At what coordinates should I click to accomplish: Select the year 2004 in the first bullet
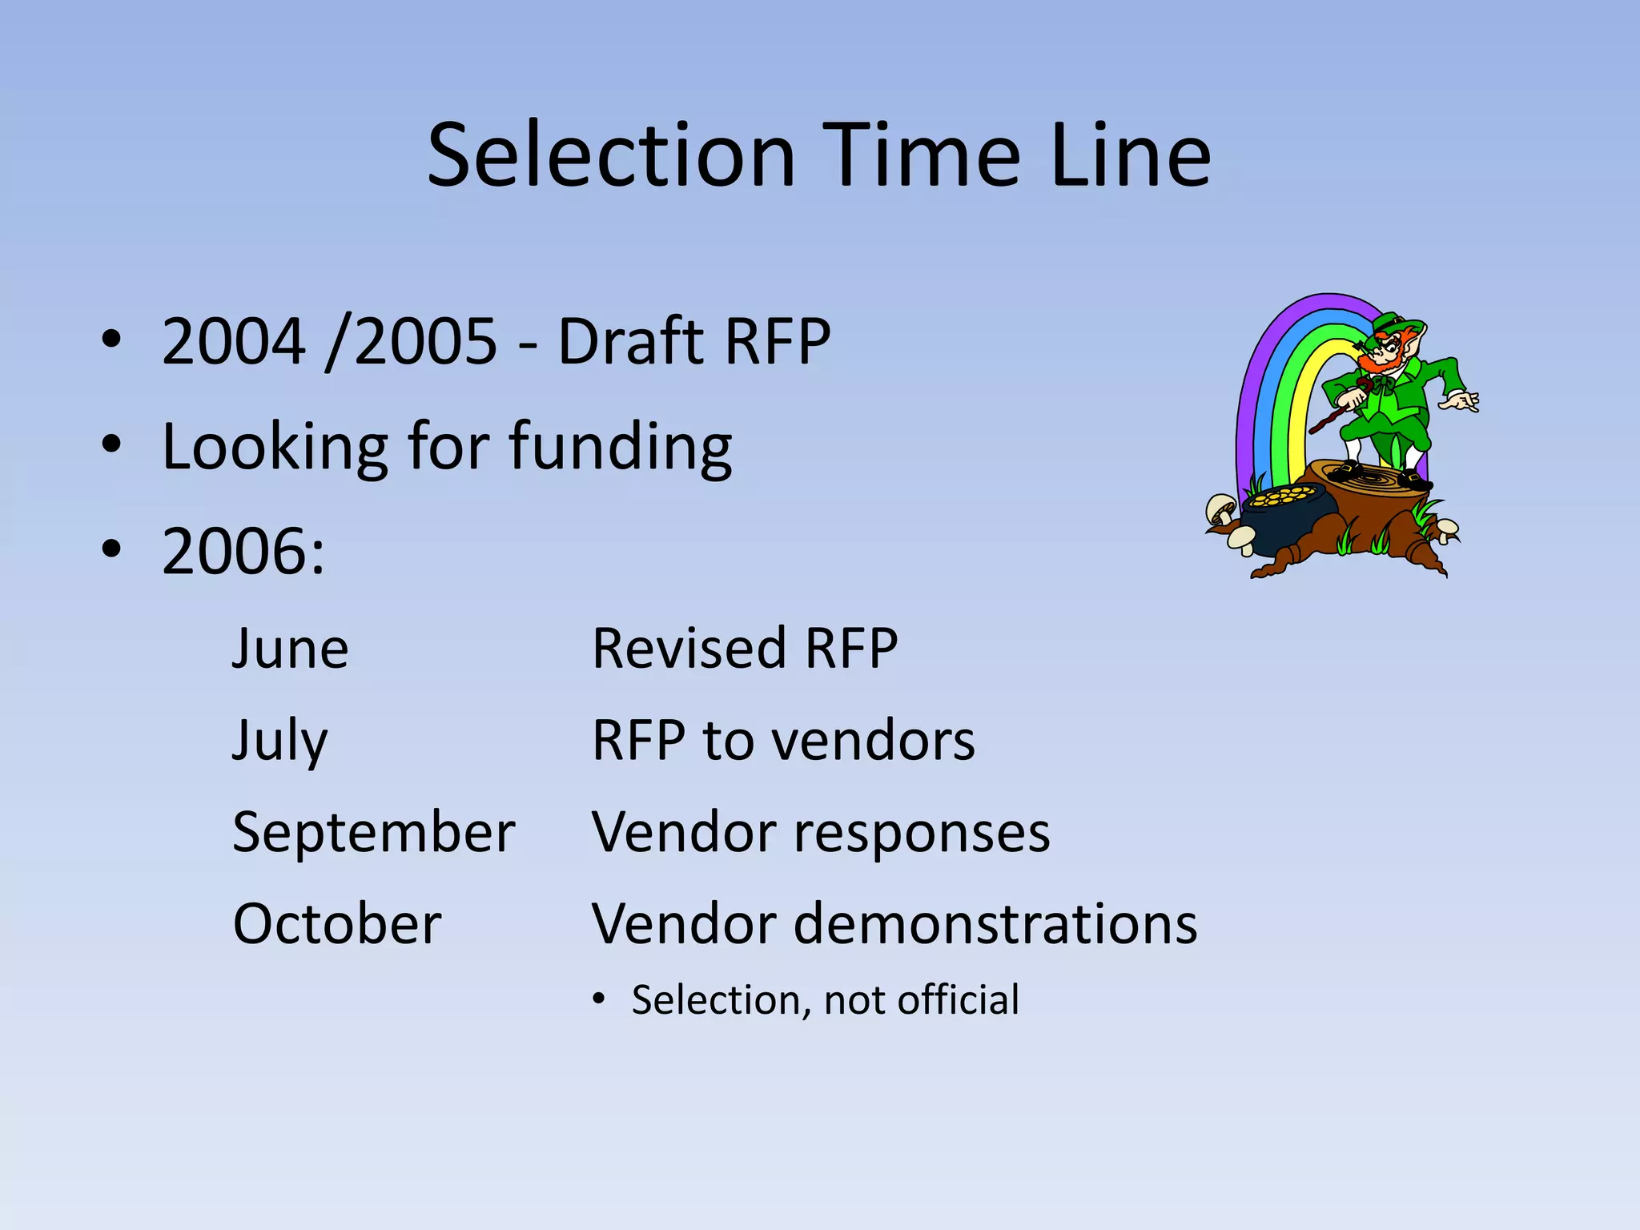click(x=233, y=342)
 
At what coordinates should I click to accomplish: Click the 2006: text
click(x=243, y=552)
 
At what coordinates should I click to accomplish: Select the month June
click(x=290, y=648)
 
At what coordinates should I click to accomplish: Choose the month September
click(x=373, y=833)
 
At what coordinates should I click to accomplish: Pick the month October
click(x=336, y=924)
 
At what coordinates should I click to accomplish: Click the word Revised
click(x=689, y=648)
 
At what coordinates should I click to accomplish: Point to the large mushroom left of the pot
click(x=1220, y=508)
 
